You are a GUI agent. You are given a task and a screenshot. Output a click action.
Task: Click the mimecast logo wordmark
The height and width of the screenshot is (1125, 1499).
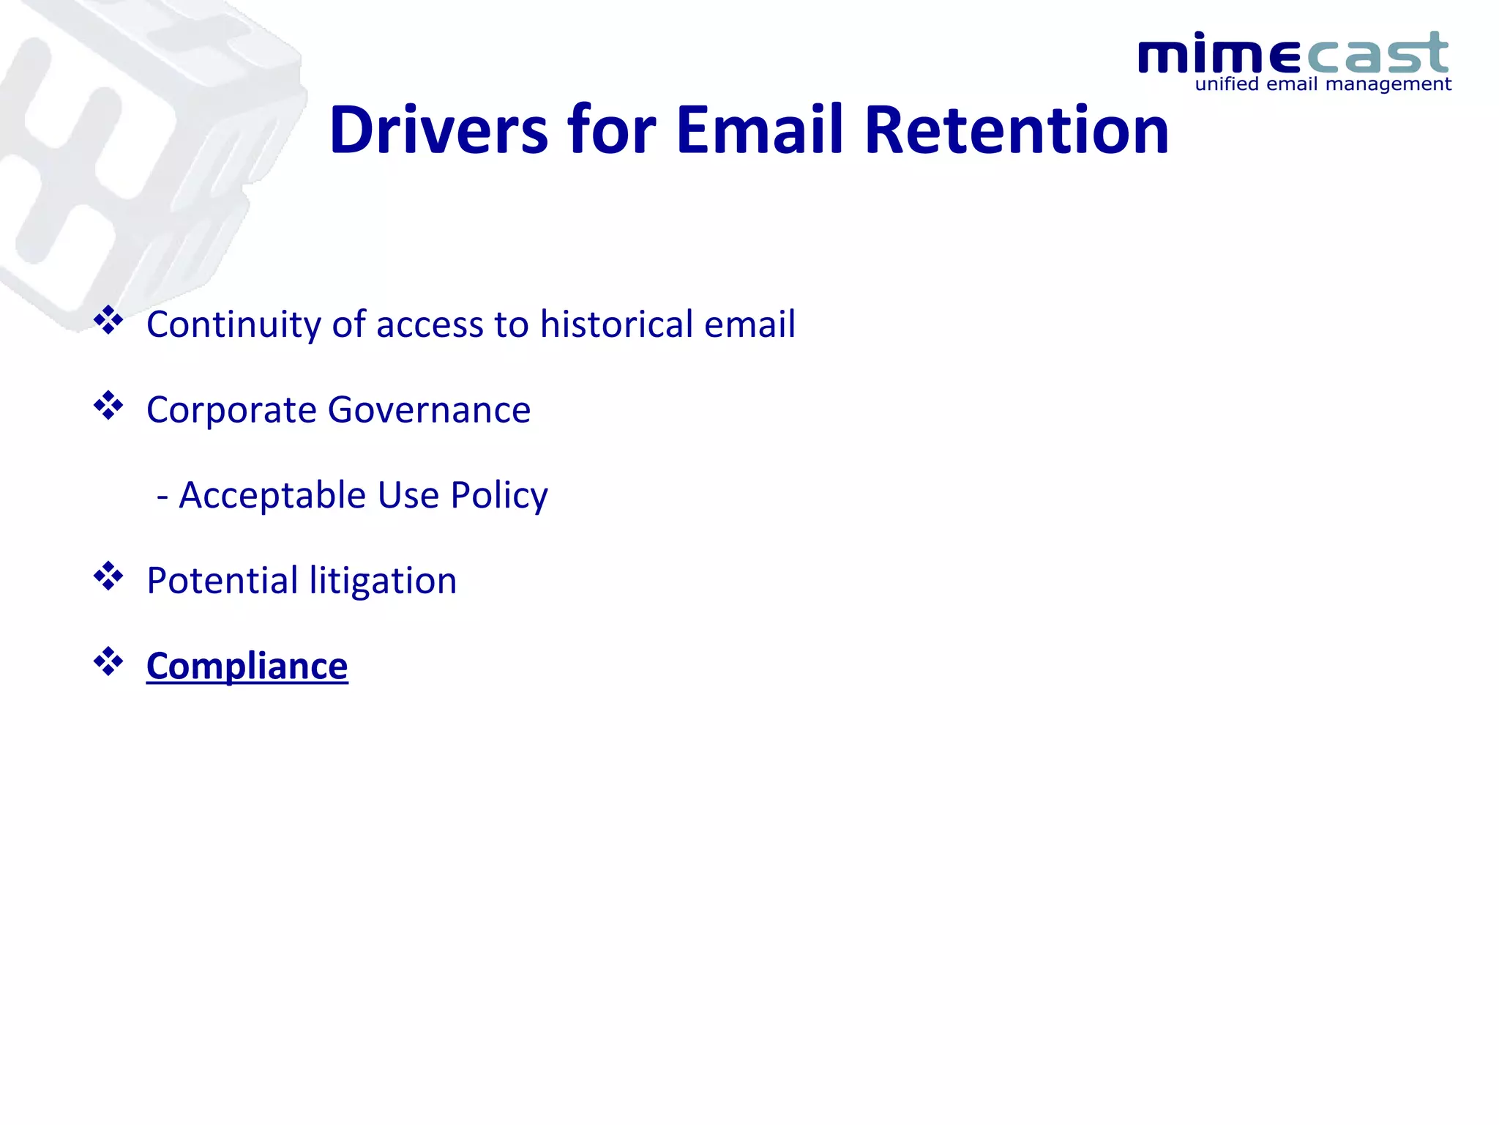(1293, 53)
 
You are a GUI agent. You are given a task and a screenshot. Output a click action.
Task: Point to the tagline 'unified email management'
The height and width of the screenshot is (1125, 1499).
(1323, 84)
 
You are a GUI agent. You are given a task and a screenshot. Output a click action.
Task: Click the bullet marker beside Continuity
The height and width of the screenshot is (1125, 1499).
(108, 320)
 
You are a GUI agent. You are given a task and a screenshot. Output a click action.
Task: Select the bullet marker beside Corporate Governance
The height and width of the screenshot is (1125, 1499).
(108, 406)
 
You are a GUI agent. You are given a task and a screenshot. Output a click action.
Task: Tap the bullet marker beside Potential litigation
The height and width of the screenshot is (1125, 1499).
(108, 576)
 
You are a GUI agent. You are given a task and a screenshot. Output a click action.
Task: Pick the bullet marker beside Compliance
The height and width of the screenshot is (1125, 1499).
(108, 661)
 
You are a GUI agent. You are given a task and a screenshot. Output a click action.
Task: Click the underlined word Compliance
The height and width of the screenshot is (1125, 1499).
(247, 666)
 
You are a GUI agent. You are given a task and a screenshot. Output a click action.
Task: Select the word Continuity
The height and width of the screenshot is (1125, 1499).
(233, 324)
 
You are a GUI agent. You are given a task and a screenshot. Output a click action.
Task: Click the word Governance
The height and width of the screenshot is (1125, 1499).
(429, 410)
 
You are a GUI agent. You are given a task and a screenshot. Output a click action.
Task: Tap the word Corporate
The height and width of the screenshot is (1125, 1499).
(231, 410)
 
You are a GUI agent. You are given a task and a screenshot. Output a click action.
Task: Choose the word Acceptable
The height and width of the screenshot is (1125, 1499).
(272, 496)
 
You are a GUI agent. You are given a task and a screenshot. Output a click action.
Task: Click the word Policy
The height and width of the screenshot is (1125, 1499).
(499, 496)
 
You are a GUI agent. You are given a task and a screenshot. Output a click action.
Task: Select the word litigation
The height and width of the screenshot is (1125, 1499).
(383, 581)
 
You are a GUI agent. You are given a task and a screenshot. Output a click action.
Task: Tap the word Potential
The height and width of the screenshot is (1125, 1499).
(222, 581)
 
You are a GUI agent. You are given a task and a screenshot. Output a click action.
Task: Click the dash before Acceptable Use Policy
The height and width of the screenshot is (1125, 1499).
(162, 497)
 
